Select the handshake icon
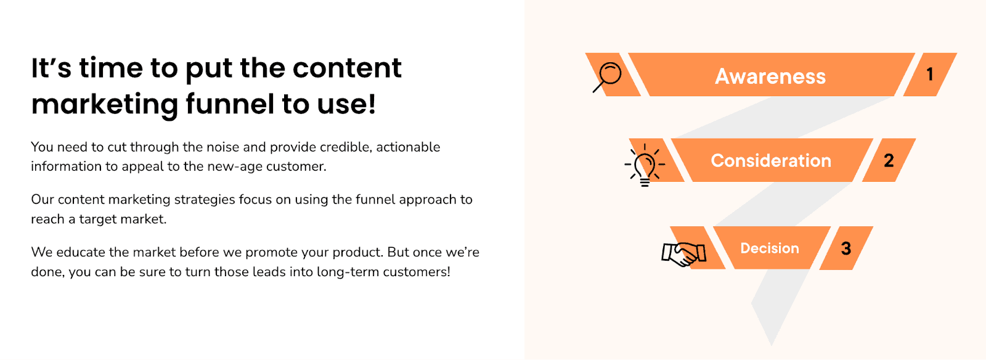[683, 255]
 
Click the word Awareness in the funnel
[770, 76]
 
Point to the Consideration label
[771, 161]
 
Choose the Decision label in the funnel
[770, 248]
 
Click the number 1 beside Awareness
[930, 75]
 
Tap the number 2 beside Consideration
[889, 160]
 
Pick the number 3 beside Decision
[846, 248]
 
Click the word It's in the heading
[51, 68]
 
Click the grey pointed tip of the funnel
[771, 343]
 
